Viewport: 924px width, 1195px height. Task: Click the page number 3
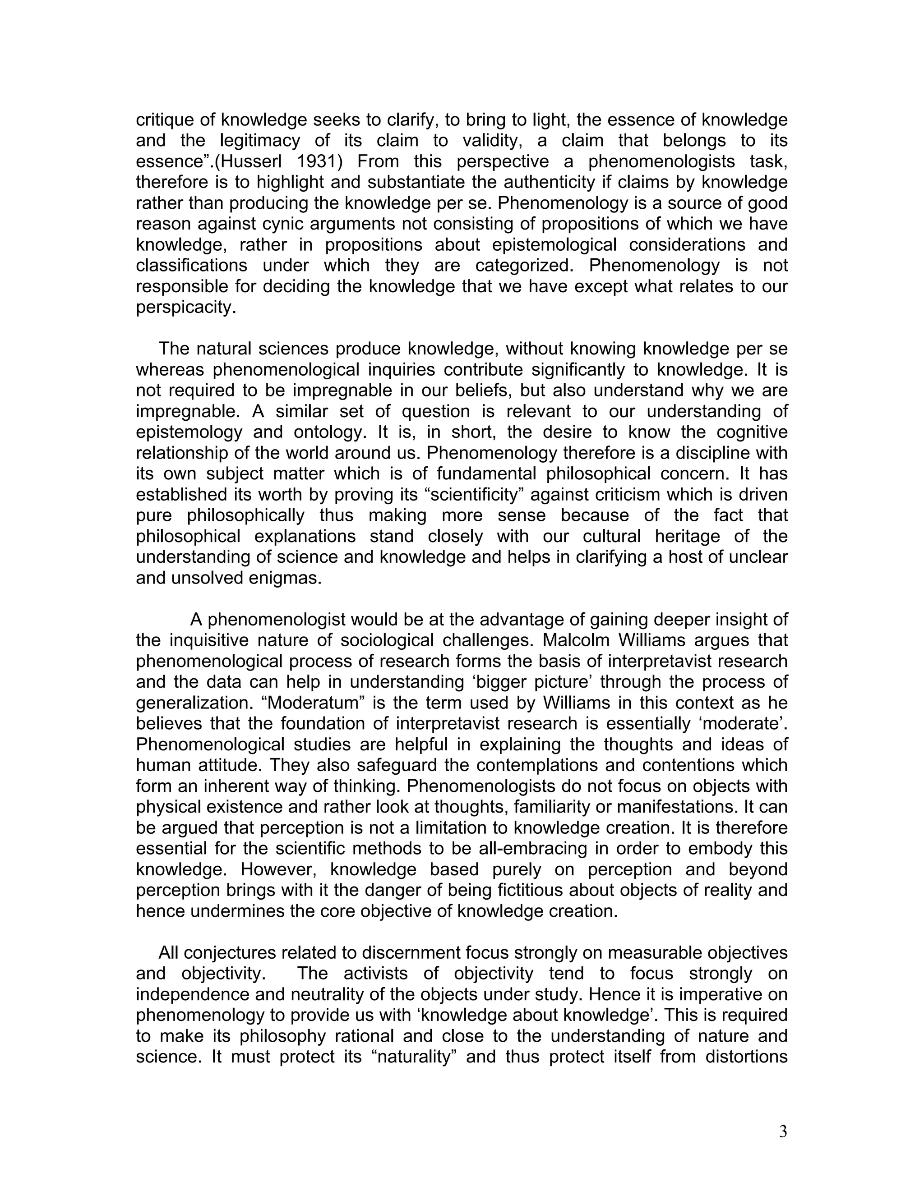tap(783, 1131)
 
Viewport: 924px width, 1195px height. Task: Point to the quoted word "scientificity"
tap(475, 495)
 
